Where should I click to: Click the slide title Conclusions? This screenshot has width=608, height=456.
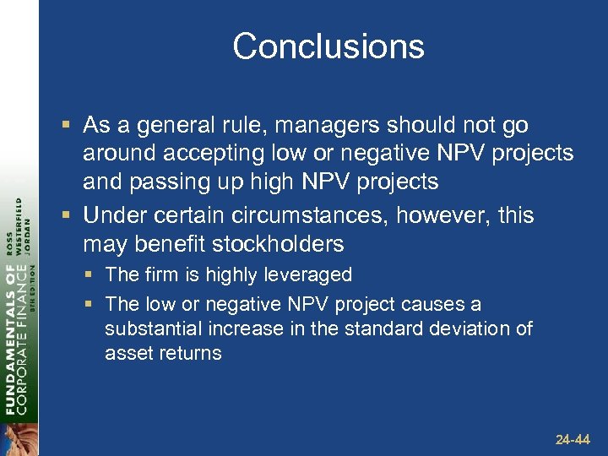coord(328,46)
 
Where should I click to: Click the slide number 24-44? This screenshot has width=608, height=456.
coord(573,440)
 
